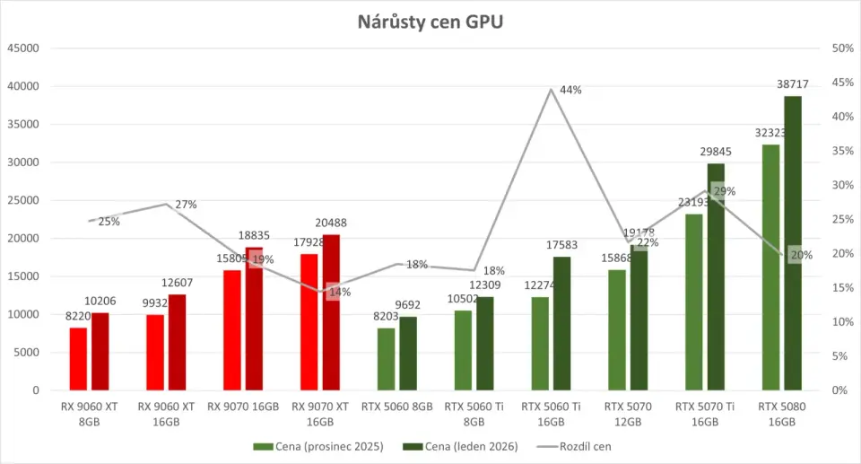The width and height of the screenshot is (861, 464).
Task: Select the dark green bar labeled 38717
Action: tap(793, 242)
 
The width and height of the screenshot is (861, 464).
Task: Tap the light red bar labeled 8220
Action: tap(79, 359)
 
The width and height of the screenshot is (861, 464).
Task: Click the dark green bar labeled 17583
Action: tap(562, 323)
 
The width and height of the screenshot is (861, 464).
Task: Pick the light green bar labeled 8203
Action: tap(386, 359)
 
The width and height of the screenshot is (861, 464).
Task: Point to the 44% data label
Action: tap(571, 90)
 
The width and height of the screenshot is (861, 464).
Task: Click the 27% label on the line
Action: tap(187, 205)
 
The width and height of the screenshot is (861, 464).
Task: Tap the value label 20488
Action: tap(331, 223)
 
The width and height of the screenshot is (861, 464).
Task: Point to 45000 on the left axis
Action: tap(23, 48)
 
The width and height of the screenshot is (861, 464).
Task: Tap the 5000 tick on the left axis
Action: tap(27, 353)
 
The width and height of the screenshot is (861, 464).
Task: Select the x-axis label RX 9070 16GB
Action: tap(244, 407)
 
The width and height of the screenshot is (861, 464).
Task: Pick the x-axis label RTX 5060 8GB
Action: tap(396, 407)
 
